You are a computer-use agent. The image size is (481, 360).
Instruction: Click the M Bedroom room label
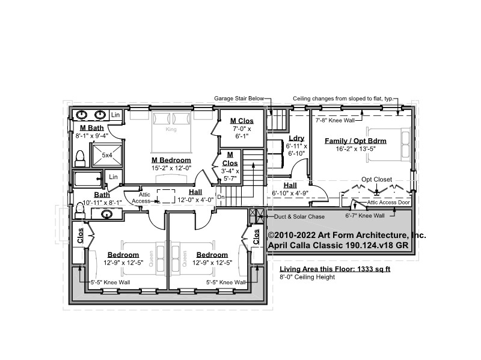(x=171, y=160)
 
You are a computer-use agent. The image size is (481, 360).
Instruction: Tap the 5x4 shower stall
(x=107, y=155)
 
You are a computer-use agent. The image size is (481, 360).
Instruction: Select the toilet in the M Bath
(x=80, y=158)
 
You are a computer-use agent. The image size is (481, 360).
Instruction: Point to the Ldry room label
(x=296, y=138)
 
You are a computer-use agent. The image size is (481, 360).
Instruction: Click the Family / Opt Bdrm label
(x=355, y=141)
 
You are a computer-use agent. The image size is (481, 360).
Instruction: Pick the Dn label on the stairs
(x=221, y=197)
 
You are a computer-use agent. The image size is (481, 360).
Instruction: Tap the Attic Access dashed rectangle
(x=166, y=197)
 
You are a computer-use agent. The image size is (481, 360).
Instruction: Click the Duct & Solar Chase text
(x=299, y=216)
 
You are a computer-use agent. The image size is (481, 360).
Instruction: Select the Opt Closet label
(x=376, y=179)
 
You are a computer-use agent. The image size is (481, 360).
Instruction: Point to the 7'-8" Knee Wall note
(x=335, y=121)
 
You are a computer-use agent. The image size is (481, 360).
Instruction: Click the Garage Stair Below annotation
(x=239, y=99)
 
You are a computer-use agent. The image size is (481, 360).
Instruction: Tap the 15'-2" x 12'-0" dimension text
(x=171, y=168)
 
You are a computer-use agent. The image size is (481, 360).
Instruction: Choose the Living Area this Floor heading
(x=335, y=269)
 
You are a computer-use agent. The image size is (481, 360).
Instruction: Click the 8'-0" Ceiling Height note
(x=307, y=277)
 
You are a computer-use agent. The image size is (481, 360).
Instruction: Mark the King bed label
(x=171, y=129)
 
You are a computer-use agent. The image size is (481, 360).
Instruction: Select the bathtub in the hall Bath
(x=88, y=179)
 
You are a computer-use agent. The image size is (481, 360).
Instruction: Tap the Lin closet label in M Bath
(x=115, y=115)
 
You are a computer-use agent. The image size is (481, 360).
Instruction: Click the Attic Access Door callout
(x=388, y=203)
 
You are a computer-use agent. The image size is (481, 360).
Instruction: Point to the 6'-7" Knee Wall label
(x=365, y=216)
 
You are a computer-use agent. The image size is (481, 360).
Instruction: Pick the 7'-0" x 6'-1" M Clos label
(x=242, y=132)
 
